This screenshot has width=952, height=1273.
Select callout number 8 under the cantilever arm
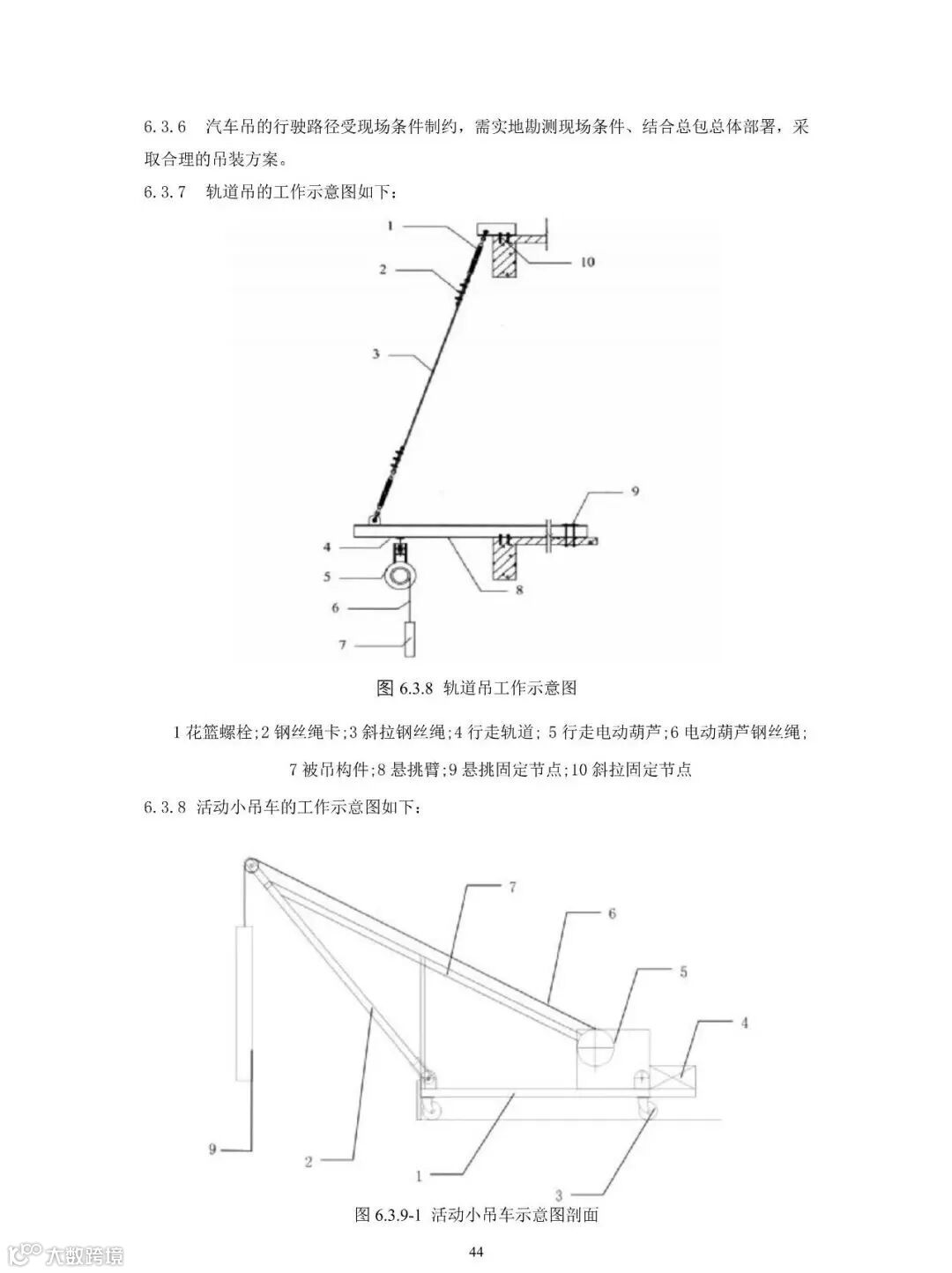tap(519, 590)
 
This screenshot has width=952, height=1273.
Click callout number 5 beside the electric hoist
tap(327, 577)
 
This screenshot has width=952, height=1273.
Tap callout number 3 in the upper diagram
tap(376, 354)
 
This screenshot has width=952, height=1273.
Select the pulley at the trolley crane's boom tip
tap(252, 868)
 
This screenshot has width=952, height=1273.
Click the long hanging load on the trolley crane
tap(246, 1002)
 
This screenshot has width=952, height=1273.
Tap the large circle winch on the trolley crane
tap(598, 1049)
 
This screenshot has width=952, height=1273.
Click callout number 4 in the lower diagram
tap(745, 1024)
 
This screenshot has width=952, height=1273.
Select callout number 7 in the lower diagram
tap(512, 889)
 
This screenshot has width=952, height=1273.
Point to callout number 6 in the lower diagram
tap(611, 914)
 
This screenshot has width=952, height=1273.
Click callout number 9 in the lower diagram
tap(212, 1149)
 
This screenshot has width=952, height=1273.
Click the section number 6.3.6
tap(165, 127)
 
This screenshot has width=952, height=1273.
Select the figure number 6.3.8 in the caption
tap(413, 689)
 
